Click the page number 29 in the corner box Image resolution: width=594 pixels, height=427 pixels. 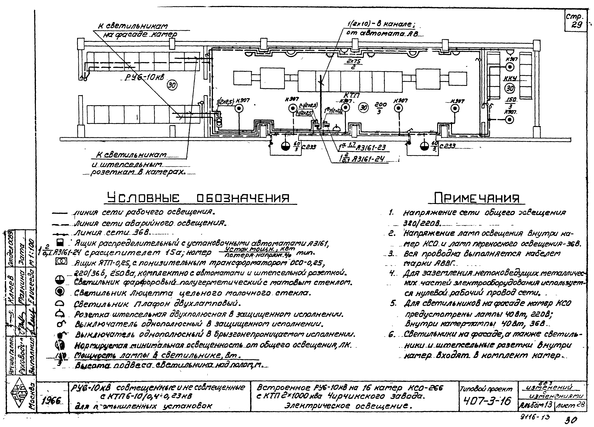point(577,25)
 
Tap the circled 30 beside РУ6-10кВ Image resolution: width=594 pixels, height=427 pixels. point(172,85)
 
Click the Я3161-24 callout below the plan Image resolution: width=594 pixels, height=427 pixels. point(369,160)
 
